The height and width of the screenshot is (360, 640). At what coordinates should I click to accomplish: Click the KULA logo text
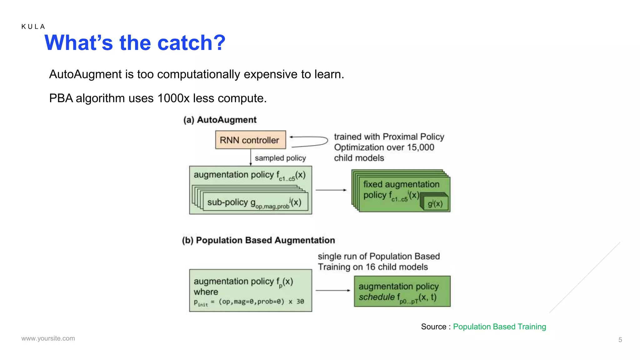(x=33, y=27)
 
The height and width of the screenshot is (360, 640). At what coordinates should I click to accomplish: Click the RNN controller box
(x=250, y=140)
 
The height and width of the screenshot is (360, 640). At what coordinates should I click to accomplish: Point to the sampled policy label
(x=280, y=158)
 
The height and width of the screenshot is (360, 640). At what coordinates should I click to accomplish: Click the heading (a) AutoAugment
(x=220, y=120)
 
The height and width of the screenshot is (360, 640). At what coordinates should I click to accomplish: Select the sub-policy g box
(x=255, y=202)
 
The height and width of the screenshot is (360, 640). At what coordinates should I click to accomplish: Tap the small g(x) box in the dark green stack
(x=435, y=204)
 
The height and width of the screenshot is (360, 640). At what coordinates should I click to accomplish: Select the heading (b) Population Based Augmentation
(x=258, y=240)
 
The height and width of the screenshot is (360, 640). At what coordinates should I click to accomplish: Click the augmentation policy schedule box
(x=402, y=291)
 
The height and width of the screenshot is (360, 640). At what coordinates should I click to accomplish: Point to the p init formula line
(x=249, y=302)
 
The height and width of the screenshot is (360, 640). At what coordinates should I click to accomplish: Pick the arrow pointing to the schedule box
(x=333, y=291)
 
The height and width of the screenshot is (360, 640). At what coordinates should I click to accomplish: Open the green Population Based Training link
(x=499, y=327)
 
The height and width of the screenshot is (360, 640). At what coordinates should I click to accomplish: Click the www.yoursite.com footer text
(x=48, y=338)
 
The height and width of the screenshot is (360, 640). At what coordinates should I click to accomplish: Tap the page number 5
(x=620, y=340)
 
